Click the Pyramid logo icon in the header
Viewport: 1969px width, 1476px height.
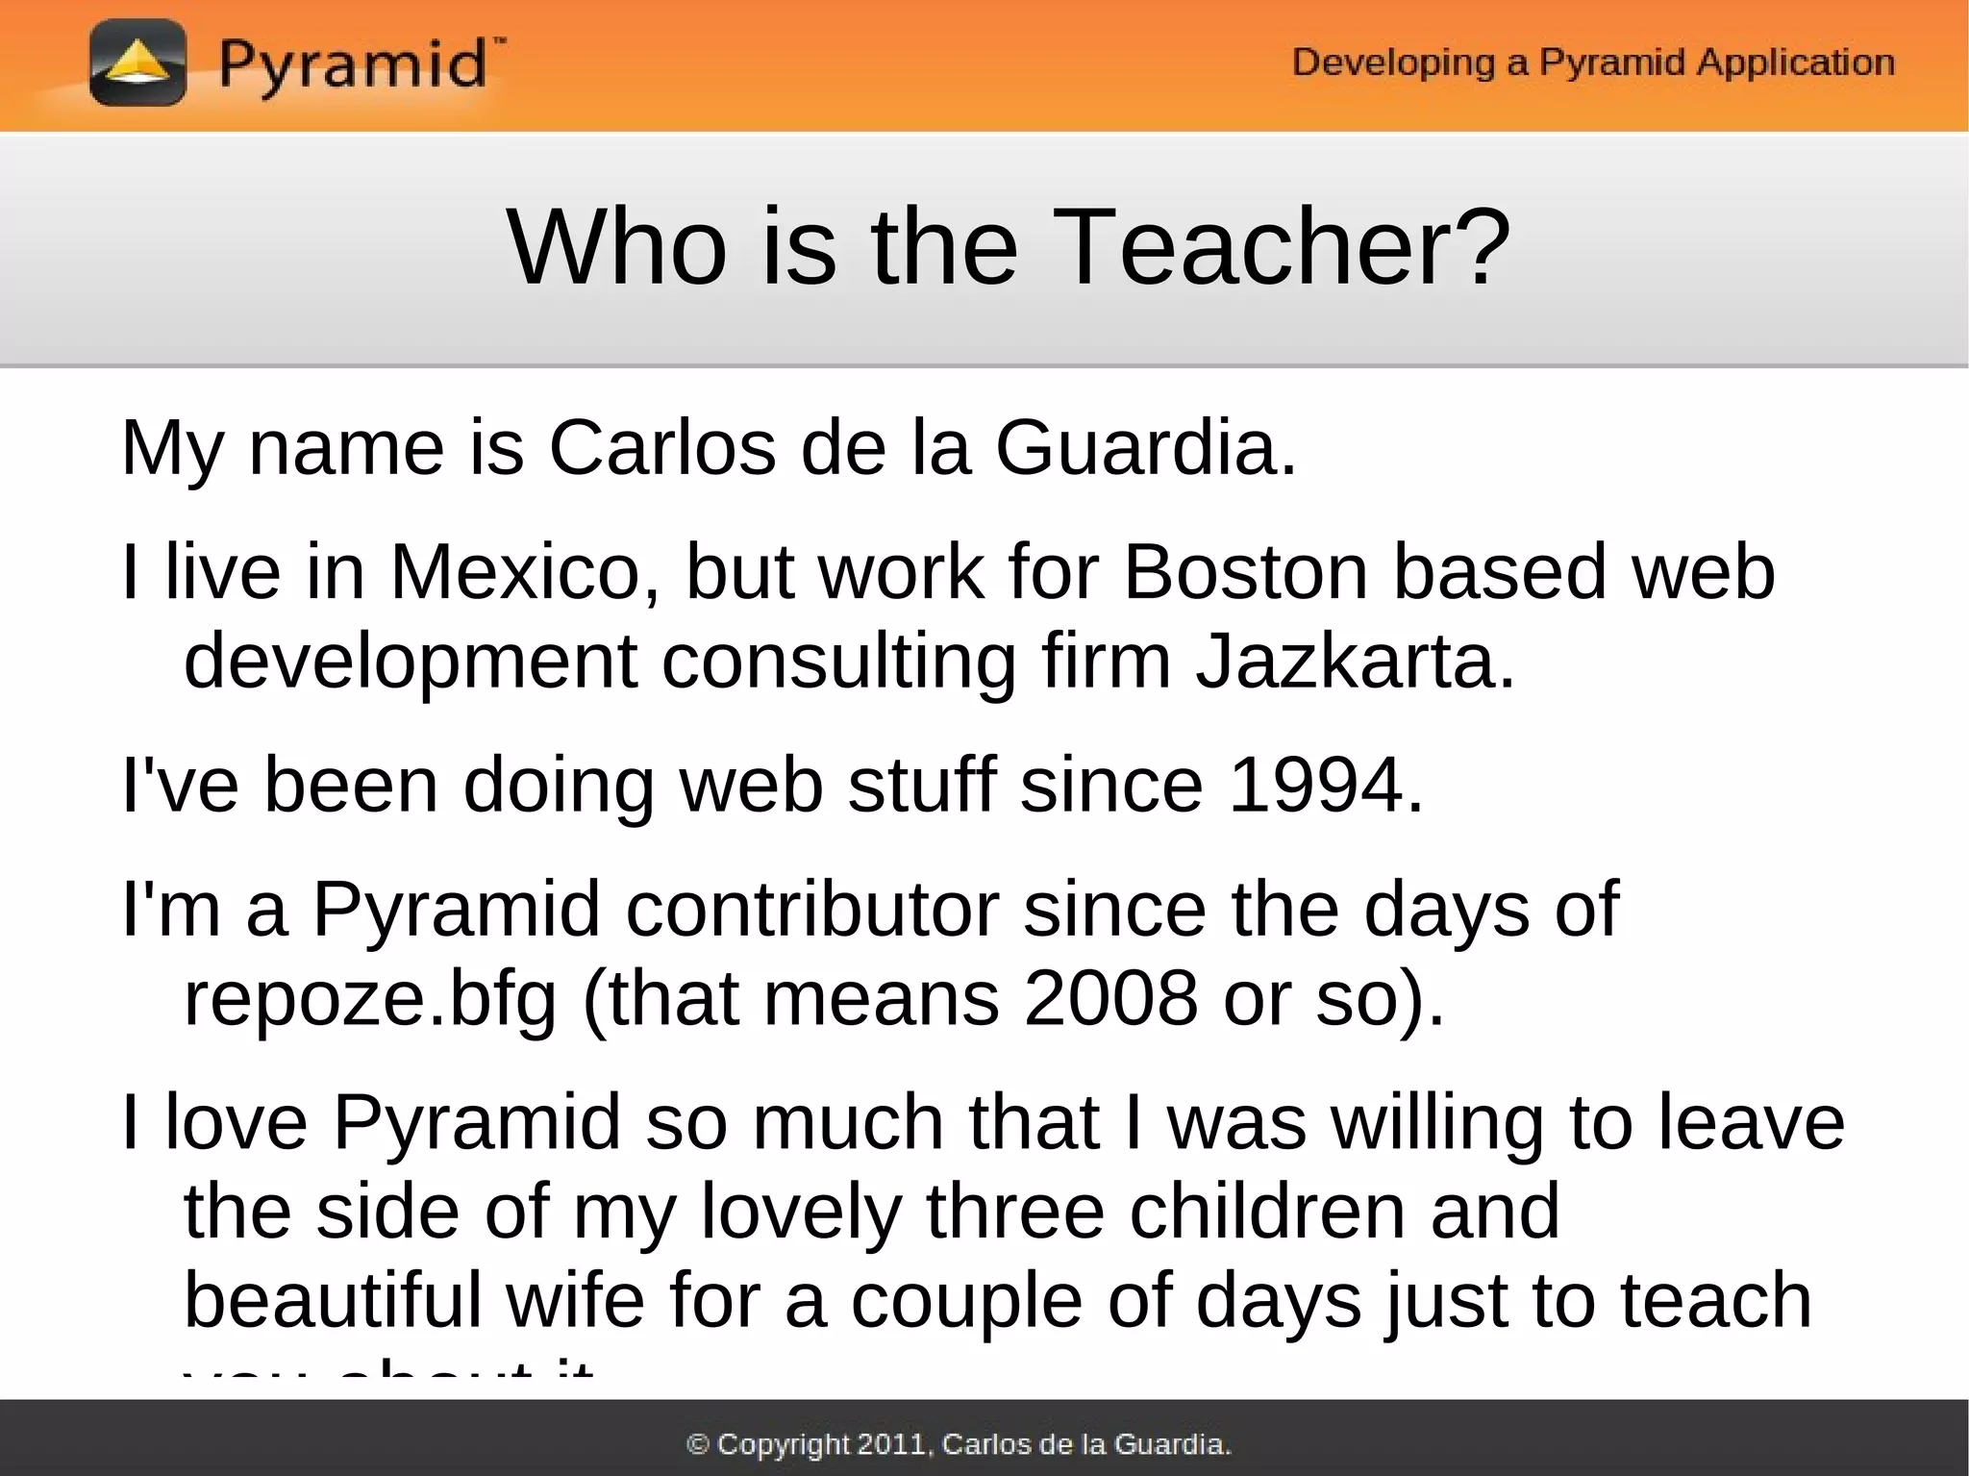(137, 63)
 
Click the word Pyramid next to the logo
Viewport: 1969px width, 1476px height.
(352, 65)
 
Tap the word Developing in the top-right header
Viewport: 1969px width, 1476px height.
(1393, 63)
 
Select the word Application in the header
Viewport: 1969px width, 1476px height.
(1795, 63)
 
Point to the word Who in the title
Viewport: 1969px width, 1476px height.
(616, 248)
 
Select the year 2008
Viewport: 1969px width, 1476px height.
(1110, 998)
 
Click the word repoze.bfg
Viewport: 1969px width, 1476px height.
(370, 1000)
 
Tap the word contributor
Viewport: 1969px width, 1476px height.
(812, 909)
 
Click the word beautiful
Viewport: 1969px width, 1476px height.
(333, 1300)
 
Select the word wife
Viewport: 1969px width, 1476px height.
(575, 1300)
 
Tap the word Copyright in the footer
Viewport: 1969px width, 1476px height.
(784, 1444)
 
